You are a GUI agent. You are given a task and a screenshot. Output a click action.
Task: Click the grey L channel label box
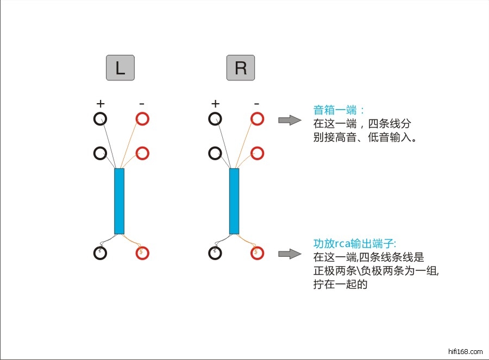coord(120,68)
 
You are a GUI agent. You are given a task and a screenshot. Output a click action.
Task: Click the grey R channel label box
coord(240,68)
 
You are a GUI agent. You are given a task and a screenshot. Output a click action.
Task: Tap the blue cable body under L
coord(120,201)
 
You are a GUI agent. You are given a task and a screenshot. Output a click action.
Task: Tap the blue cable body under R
coord(234,201)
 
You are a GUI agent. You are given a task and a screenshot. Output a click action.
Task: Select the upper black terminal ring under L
coord(100,118)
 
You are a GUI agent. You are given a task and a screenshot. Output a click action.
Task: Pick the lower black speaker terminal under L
coord(100,153)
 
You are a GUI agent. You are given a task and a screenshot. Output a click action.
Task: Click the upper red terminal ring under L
coord(142,118)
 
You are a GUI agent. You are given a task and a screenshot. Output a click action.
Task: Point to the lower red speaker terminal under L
coord(142,153)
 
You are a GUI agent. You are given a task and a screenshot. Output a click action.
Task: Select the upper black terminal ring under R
coord(215,118)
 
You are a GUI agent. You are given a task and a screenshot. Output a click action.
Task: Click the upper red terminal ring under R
coord(257,118)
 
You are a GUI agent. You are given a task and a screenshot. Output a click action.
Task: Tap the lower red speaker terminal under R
coord(257,153)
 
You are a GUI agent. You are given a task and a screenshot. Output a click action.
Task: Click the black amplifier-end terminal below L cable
coord(101,252)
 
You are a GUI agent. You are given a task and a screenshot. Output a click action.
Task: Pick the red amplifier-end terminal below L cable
coord(142,252)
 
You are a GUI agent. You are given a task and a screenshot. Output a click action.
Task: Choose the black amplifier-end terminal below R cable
coord(215,252)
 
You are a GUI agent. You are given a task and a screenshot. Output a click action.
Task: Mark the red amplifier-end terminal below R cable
coord(257,252)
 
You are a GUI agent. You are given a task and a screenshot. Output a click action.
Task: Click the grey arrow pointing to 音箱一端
coord(290,120)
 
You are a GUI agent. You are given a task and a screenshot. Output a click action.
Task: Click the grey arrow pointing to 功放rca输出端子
coord(290,254)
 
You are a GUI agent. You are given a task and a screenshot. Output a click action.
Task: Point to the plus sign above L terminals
coord(100,103)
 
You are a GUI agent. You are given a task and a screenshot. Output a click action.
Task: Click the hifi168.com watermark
coord(466,351)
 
